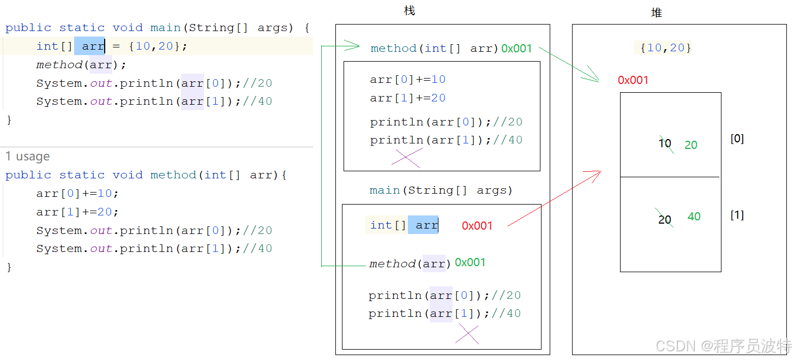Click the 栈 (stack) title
click(x=410, y=11)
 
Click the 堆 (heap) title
click(x=657, y=13)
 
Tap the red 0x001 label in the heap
click(x=633, y=80)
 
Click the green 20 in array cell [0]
click(x=691, y=145)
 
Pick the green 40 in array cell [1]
click(x=694, y=217)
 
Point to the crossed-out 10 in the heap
click(x=665, y=144)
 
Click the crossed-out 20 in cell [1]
click(x=665, y=219)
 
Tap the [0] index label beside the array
click(x=737, y=139)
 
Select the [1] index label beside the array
click(x=737, y=215)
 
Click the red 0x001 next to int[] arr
click(x=477, y=226)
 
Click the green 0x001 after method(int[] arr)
click(x=516, y=49)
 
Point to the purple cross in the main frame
click(x=468, y=334)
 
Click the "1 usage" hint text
click(x=27, y=157)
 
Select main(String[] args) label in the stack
click(x=441, y=190)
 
